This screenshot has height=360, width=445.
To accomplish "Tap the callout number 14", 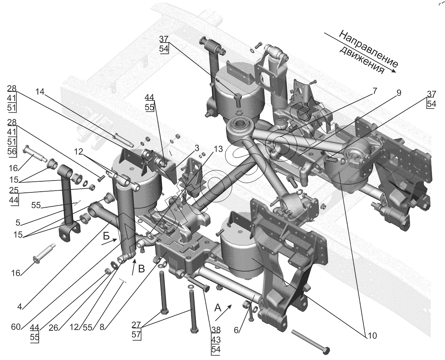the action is coord(40,92).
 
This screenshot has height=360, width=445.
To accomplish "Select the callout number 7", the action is coord(374,91).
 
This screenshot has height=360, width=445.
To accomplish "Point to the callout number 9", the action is coord(399,93).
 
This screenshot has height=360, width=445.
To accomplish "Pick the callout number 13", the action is coord(218,149).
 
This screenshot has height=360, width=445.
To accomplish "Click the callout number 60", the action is coord(16,327).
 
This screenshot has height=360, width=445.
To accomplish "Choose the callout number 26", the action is coord(53,328).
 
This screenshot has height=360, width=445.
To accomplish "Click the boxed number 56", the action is coord(12,151).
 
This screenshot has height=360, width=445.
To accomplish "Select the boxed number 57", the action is coord(136,334).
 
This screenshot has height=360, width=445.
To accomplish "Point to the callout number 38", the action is coord(216,330).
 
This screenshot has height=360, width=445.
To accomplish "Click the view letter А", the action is coord(218,308).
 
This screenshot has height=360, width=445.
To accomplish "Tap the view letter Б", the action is coord(106,237).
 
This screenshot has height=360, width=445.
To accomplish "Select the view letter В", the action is coord(141,269).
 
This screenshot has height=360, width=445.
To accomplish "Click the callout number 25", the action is coord(14,190).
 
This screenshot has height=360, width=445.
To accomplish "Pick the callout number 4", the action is coord(20,307).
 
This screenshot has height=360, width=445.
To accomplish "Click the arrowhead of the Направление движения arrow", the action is coord(393,71).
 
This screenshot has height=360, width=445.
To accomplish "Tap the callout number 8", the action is coord(102,327).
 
